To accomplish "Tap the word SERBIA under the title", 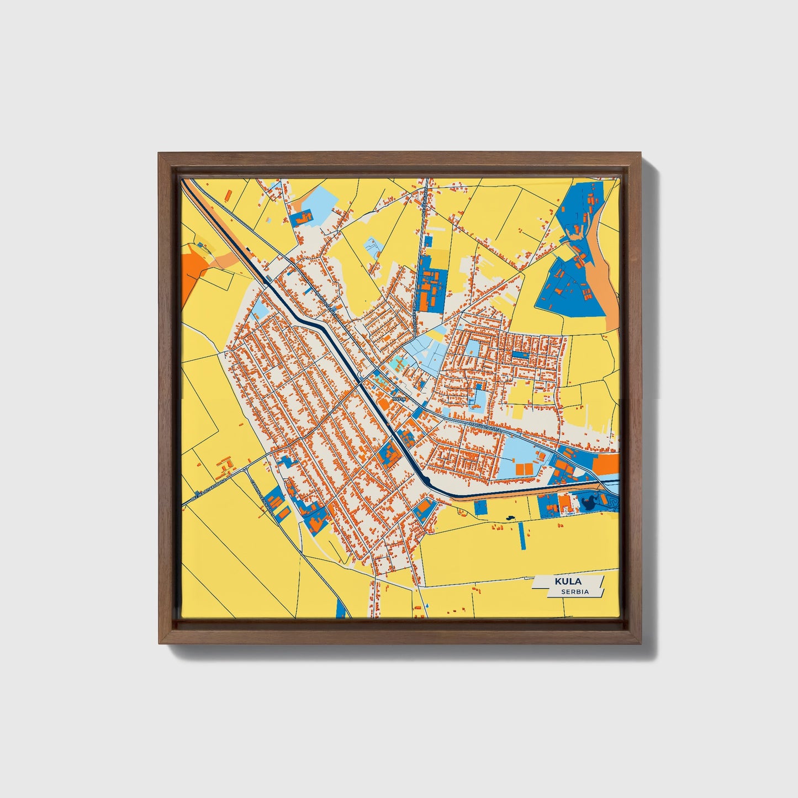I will click(x=574, y=591).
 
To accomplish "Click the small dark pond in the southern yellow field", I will click(x=509, y=518).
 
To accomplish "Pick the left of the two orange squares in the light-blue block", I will click(x=520, y=469).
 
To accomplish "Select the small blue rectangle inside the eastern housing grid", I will click(x=519, y=354).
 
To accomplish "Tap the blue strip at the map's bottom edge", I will click(x=342, y=608).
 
